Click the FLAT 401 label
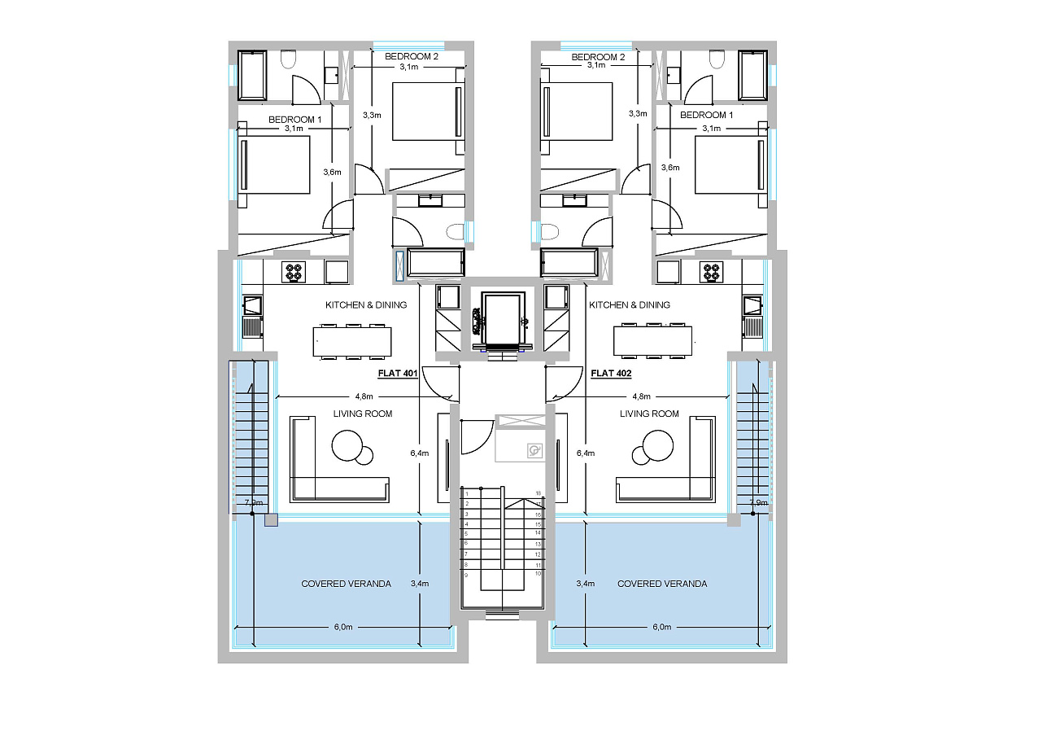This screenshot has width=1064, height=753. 398,374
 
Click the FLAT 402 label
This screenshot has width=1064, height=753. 611,374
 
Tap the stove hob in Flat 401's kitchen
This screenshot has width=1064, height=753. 293,273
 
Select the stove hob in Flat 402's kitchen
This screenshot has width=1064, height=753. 711,273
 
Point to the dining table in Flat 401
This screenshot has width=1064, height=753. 352,341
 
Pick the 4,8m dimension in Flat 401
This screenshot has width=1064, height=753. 364,396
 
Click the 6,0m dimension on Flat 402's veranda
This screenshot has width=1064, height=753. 661,627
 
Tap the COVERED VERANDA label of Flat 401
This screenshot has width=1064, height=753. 346,584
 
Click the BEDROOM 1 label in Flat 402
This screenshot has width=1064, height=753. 706,115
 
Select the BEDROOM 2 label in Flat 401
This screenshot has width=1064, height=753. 412,56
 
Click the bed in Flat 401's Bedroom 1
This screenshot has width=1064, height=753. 273,165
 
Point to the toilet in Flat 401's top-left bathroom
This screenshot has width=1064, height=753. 288,59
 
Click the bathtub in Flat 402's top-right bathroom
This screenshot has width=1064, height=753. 752,75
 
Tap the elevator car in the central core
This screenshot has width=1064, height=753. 503,318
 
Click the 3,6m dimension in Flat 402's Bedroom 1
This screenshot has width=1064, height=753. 670,168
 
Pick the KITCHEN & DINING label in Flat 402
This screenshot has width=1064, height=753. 630,305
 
